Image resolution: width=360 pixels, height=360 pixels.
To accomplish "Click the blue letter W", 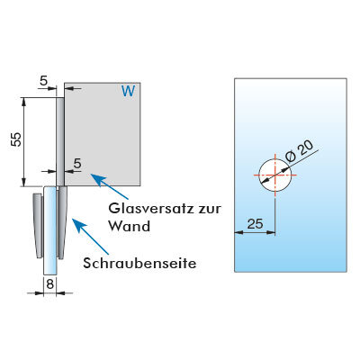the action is [x=129, y=91].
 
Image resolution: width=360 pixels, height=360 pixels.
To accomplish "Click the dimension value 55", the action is [x=17, y=139].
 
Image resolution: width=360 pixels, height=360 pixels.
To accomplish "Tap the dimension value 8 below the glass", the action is [x=50, y=283].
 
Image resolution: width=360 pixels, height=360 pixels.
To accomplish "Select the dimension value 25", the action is [x=255, y=224].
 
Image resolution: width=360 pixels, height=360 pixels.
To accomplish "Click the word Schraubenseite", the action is [x=139, y=264].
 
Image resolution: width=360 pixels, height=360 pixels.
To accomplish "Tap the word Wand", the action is [x=130, y=226].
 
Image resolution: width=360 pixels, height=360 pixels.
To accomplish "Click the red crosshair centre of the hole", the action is [x=275, y=175].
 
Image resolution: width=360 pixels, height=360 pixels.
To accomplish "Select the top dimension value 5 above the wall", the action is [x=43, y=81].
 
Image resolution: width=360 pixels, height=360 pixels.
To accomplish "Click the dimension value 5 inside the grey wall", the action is [x=77, y=164].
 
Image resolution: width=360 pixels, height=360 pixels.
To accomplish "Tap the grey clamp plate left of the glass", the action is [x=38, y=226].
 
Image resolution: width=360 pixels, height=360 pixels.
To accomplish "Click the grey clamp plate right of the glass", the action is [x=62, y=222].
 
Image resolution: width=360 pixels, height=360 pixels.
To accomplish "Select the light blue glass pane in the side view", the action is [x=50, y=230].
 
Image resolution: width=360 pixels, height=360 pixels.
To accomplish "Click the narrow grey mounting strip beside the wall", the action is [x=60, y=141].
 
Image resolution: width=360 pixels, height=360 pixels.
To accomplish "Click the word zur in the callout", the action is [x=210, y=210].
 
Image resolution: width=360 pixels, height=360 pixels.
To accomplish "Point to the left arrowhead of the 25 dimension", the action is [x=238, y=232].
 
